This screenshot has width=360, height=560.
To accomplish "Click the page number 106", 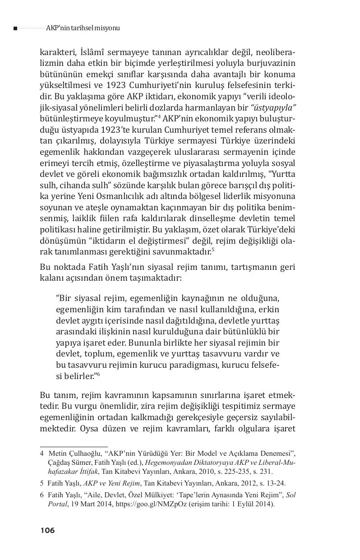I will pyautogui.click(x=47, y=530).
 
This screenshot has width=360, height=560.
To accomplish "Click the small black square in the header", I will pyautogui.click(x=15, y=28).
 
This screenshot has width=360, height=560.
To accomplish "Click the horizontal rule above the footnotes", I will pyautogui.click(x=74, y=446).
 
